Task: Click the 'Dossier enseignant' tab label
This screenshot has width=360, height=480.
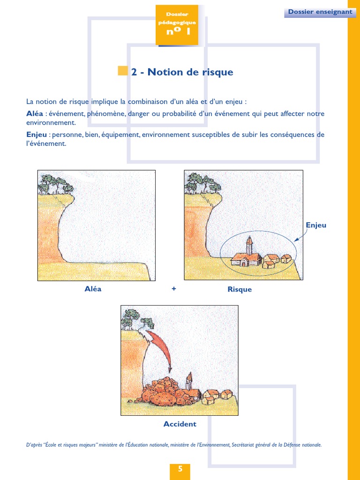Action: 320,12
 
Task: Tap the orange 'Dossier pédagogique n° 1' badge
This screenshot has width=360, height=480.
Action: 177,25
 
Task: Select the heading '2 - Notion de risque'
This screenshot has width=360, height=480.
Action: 182,72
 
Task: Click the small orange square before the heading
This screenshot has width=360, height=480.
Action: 122,71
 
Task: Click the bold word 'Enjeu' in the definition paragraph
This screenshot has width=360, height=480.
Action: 37,135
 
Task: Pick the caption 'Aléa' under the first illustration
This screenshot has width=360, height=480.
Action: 93,289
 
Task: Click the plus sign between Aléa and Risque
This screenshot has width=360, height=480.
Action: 174,289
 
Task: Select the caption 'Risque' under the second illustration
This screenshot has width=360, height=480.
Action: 240,289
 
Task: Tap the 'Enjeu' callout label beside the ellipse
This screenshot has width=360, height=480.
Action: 315,225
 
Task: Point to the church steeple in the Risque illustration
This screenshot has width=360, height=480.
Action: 249,244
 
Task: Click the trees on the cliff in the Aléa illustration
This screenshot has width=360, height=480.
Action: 55,184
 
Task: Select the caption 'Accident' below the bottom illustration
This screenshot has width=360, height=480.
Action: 180,424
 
